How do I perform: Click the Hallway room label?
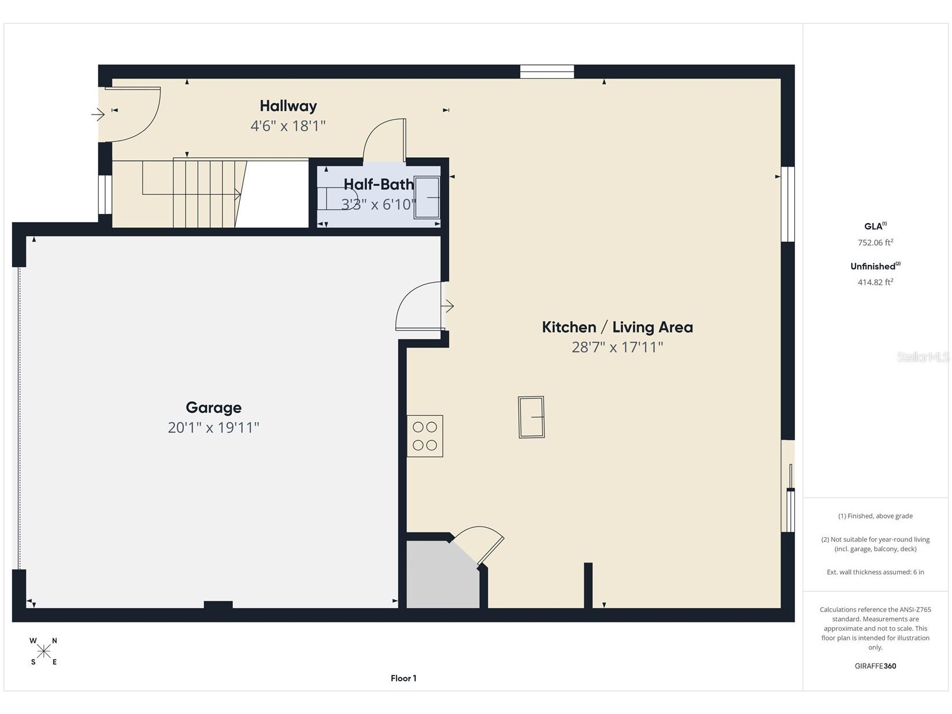pyautogui.click(x=288, y=106)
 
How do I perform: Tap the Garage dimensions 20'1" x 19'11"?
pyautogui.click(x=213, y=428)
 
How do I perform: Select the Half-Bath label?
pyautogui.click(x=379, y=184)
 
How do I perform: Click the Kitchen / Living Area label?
pyautogui.click(x=617, y=327)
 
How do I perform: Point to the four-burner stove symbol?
pyautogui.click(x=425, y=436)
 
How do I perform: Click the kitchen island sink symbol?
pyautogui.click(x=531, y=417)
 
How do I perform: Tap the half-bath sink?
pyautogui.click(x=427, y=198)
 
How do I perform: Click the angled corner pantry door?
pyautogui.click(x=479, y=544)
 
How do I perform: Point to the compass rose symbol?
pyautogui.click(x=43, y=652)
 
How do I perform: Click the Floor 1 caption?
pyautogui.click(x=403, y=678)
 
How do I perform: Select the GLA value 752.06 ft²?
pyautogui.click(x=875, y=243)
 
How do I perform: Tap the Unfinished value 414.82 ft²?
pyautogui.click(x=875, y=282)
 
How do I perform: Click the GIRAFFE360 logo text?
pyautogui.click(x=875, y=666)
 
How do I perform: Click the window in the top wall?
pyautogui.click(x=547, y=72)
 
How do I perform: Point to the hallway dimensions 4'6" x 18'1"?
pyautogui.click(x=288, y=126)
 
